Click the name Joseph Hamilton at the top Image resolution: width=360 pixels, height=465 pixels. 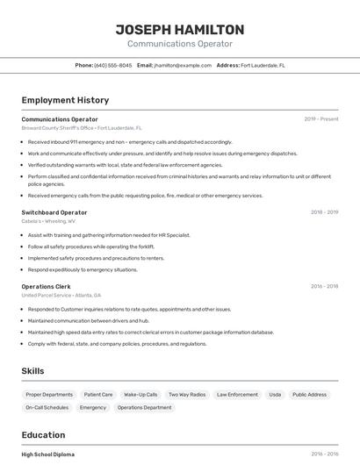pos(179,29)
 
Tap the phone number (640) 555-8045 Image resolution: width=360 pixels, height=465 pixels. pos(113,65)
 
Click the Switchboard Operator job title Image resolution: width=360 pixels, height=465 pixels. pos(54,212)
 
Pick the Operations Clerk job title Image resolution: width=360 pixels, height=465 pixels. pos(46,286)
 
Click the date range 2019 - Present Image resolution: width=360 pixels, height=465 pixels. pos(320,119)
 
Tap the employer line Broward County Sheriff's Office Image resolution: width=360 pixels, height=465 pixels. pos(82,128)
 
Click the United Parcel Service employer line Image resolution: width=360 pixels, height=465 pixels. pos(61,296)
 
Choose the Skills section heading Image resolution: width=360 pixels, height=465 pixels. pos(32,371)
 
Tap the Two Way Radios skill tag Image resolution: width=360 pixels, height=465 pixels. pos(187,395)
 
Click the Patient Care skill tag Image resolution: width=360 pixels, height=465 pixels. pos(98,395)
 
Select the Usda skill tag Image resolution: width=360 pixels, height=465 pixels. pos(275,395)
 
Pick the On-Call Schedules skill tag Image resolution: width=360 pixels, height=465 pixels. pos(47,408)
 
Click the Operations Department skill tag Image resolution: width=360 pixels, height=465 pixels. pos(144,408)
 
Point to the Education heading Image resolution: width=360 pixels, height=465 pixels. pos(43,434)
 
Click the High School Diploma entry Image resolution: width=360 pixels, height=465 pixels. pos(48,454)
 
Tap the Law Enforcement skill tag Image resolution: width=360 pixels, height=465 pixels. pos(237,395)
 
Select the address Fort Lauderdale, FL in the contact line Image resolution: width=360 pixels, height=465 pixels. pos(263,65)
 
